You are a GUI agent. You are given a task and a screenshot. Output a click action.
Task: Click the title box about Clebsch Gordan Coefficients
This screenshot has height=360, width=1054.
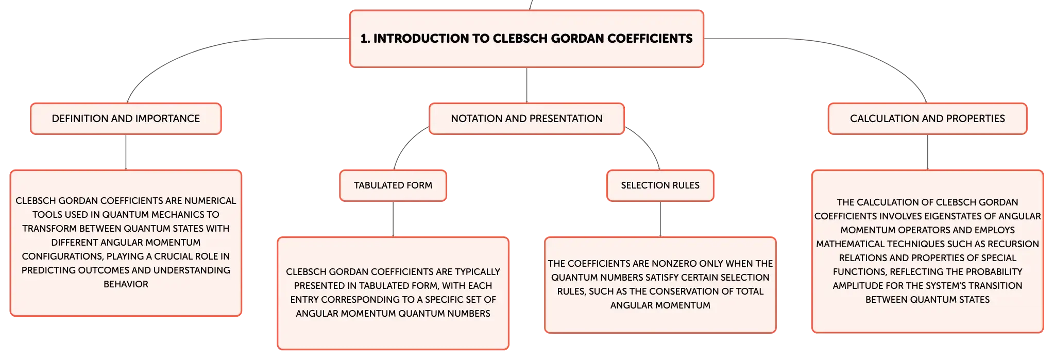526,39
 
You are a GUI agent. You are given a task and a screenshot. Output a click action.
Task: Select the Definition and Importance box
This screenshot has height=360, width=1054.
126,118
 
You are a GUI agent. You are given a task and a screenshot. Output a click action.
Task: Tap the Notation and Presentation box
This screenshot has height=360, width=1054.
526,118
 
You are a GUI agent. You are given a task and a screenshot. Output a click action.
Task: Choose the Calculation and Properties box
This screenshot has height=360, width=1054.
927,118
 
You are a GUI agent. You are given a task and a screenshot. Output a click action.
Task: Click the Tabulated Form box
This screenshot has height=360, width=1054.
393,185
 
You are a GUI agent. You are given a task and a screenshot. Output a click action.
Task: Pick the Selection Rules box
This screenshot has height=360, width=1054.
660,185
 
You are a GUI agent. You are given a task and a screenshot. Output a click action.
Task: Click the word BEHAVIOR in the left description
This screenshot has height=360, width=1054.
126,284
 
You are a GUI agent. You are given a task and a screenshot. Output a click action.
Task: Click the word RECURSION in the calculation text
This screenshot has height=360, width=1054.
1013,244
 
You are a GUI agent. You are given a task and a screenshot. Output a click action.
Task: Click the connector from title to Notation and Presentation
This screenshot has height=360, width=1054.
526,85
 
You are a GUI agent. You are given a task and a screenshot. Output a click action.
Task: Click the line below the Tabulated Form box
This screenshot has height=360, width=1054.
393,219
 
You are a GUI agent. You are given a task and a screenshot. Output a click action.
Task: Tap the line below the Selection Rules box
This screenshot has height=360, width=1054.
660,219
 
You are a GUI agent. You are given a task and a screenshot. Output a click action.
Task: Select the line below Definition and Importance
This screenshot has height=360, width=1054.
126,152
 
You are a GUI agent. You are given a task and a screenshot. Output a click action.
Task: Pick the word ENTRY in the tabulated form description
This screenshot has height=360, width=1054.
304,300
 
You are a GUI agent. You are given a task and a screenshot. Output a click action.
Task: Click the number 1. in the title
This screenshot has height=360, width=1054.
365,39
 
